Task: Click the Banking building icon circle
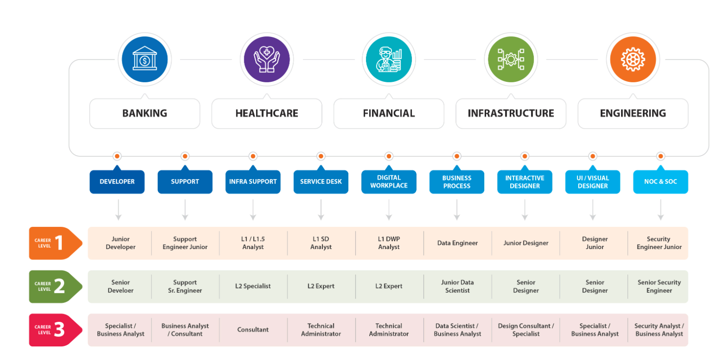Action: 145,60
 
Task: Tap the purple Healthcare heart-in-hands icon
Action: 267,60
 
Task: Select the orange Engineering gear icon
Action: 633,60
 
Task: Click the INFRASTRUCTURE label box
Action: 511,114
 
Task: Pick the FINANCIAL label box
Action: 389,114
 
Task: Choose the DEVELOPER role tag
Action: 117,182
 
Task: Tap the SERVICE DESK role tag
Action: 321,182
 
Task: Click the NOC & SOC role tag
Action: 660,182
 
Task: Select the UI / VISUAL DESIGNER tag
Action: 592,182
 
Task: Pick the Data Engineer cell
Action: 457,243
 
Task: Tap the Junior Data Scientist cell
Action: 457,286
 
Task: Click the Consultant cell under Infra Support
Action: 253,330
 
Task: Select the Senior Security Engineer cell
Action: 659,286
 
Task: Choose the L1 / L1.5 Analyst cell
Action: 253,243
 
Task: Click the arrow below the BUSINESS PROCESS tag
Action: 457,210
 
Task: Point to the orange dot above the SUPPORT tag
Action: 185,156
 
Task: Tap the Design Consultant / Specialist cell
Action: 526,330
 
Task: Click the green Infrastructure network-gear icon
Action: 511,60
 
